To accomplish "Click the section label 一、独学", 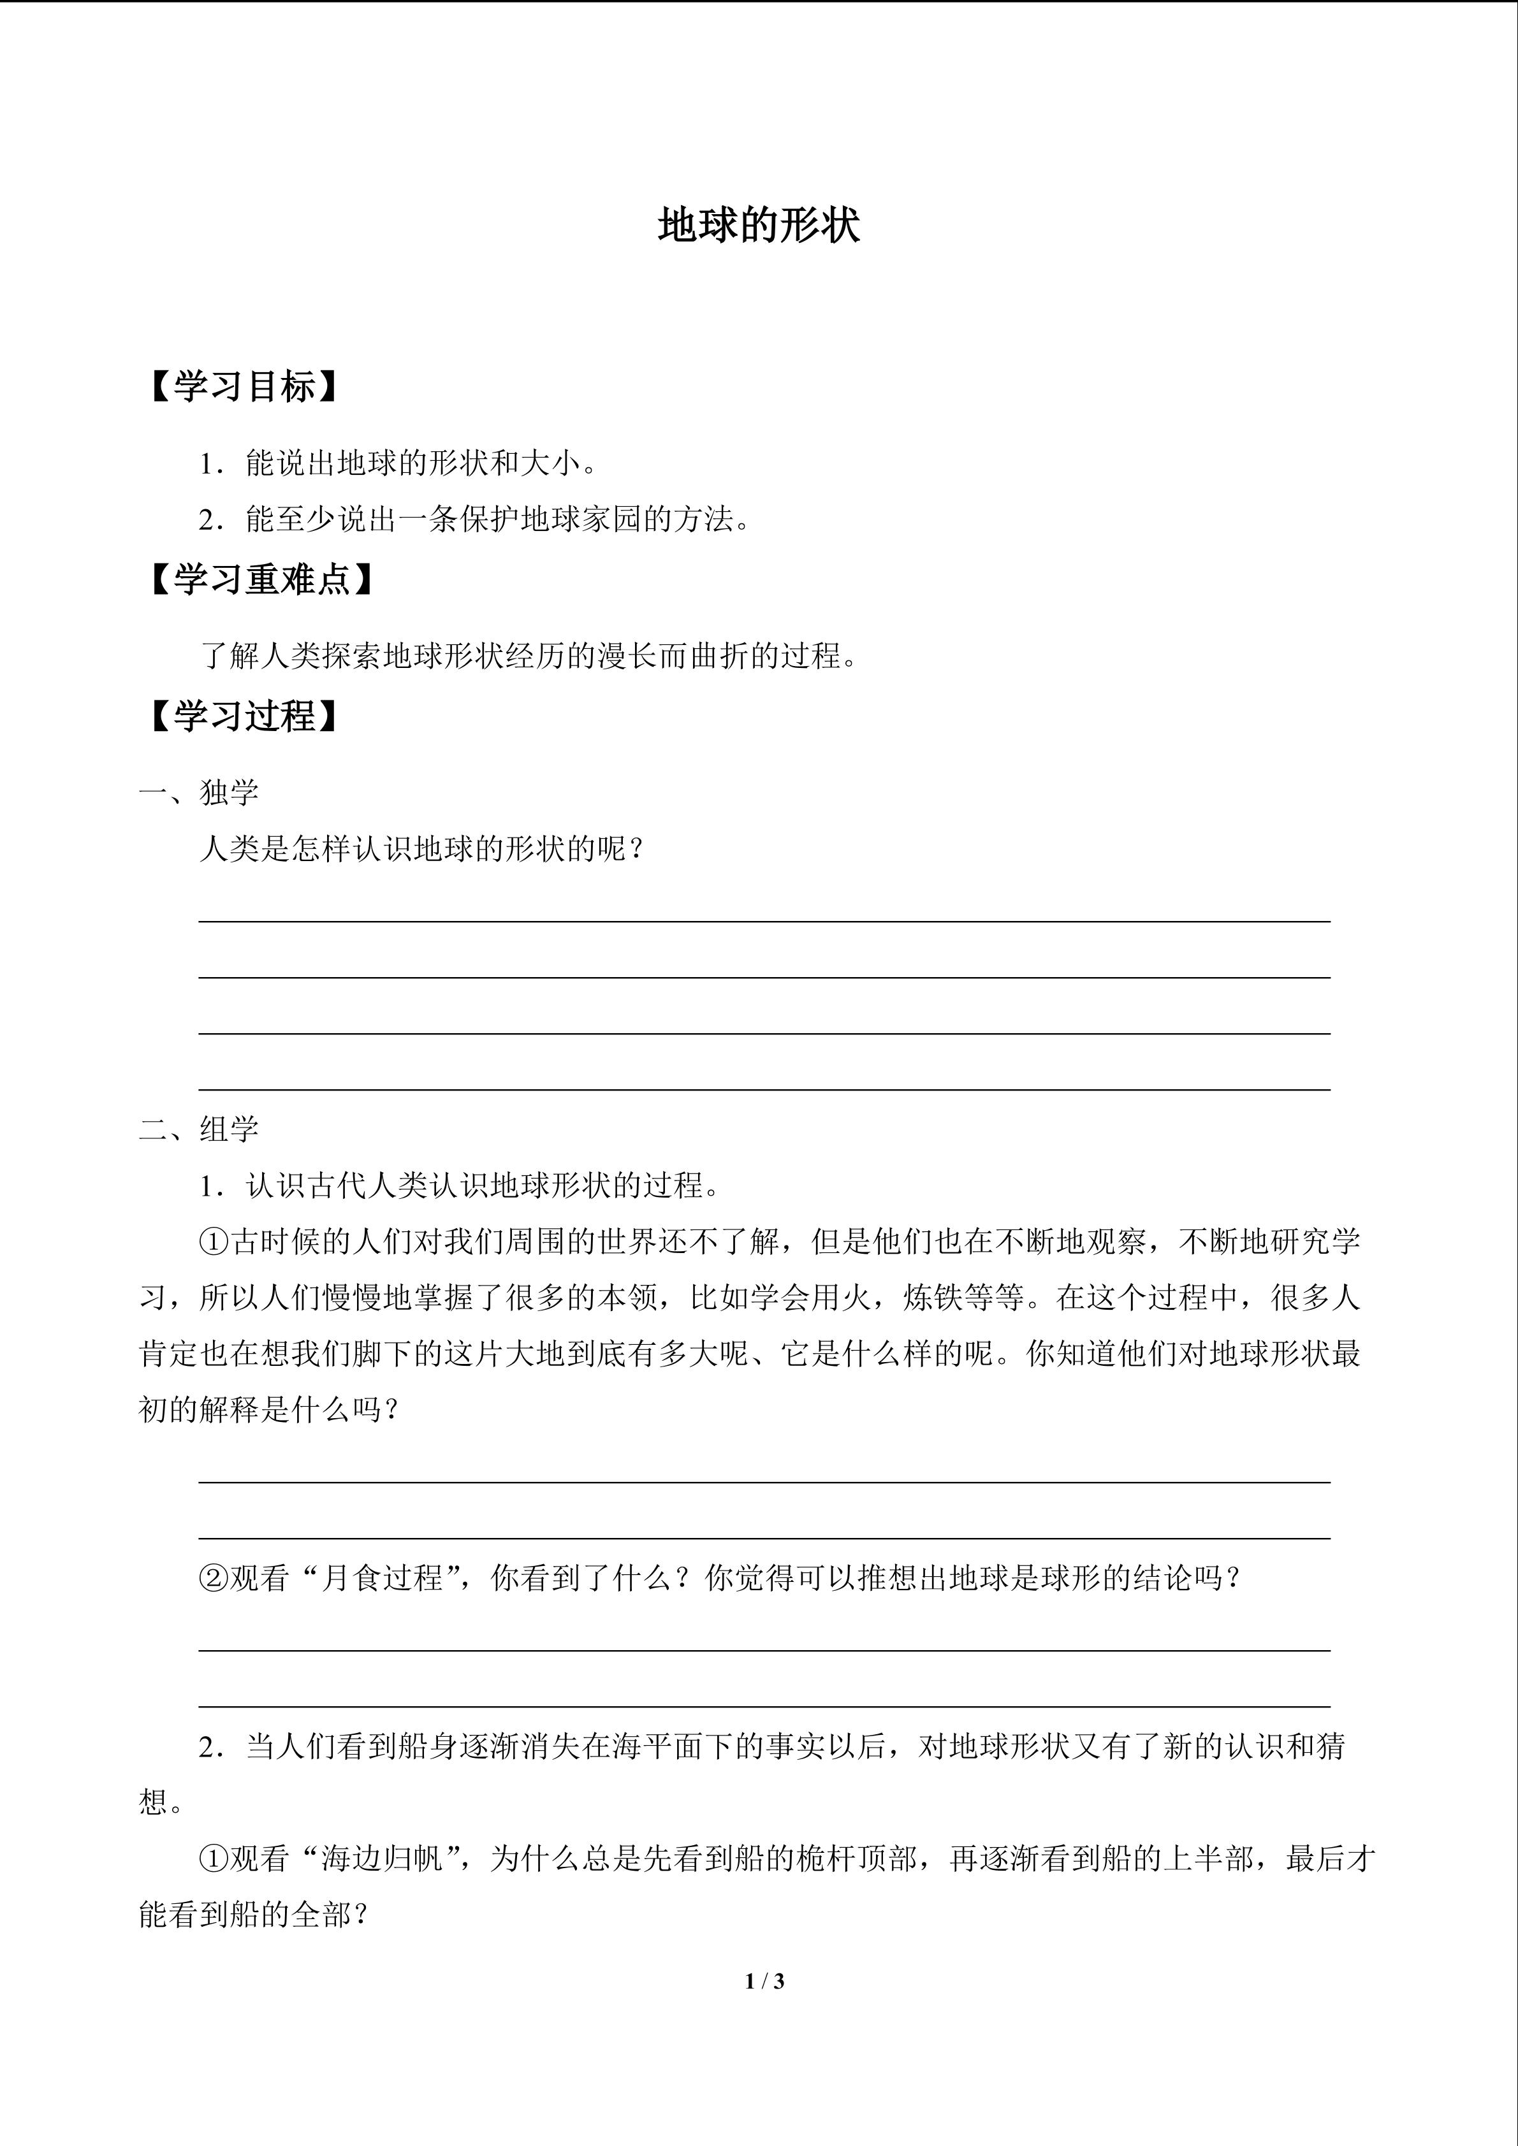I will [199, 793].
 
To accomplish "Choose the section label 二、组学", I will [199, 1129].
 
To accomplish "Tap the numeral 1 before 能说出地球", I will [207, 463].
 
